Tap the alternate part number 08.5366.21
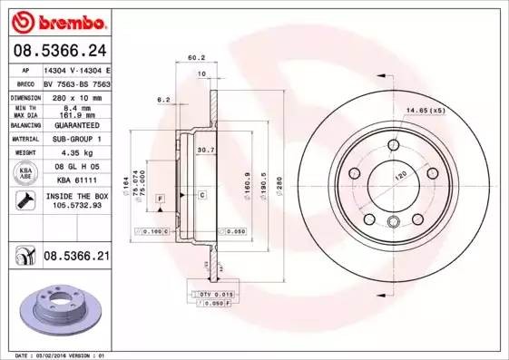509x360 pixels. tap(76, 258)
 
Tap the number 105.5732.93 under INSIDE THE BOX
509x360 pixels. tap(75, 205)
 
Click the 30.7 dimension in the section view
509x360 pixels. tap(205, 150)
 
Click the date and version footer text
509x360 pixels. tap(56, 355)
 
